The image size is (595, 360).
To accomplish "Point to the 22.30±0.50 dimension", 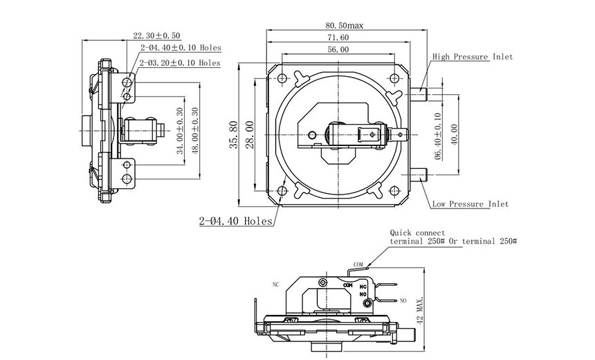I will (157, 35).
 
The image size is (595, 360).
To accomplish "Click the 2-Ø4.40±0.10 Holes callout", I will (180, 48).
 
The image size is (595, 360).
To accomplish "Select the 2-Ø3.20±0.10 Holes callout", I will (180, 63).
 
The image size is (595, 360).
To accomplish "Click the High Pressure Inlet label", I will (473, 57).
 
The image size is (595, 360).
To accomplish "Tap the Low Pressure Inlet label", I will (470, 204).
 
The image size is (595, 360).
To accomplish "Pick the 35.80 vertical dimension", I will (235, 134).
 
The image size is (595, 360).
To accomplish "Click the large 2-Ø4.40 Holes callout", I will (235, 222).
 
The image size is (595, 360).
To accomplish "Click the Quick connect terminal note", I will (449, 237).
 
